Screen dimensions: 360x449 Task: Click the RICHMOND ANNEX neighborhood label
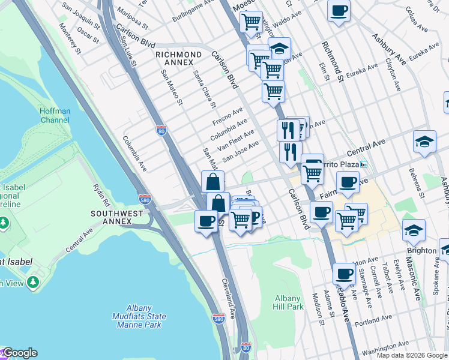tap(178, 58)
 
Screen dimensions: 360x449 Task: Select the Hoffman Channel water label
tap(55, 115)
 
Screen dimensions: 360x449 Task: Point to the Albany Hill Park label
tap(289, 302)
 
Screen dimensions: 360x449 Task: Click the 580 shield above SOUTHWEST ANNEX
tap(144, 199)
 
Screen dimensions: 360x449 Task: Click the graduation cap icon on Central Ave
tap(424, 142)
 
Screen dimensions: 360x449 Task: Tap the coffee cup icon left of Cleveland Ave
tap(206, 221)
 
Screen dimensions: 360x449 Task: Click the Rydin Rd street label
tap(99, 193)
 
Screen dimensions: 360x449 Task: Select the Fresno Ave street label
tap(227, 116)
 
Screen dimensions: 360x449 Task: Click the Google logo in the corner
tap(19, 353)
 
